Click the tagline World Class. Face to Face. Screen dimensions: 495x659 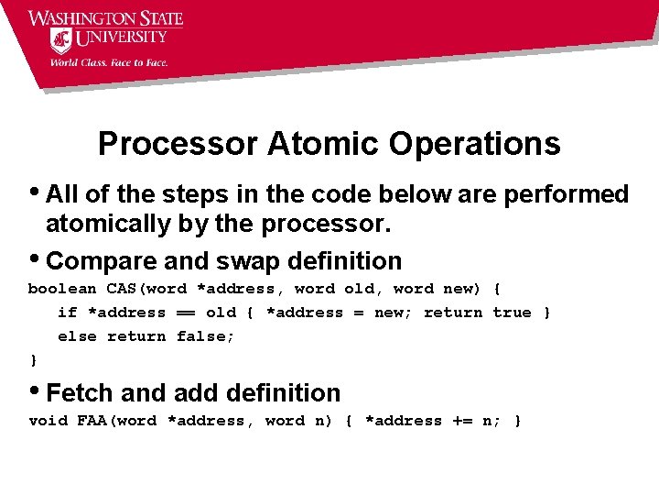coord(108,62)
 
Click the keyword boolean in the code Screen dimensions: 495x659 coord(61,289)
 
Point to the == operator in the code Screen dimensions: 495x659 coord(186,313)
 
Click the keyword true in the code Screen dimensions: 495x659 coord(512,313)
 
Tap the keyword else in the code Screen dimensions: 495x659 coord(77,336)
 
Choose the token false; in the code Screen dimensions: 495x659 coord(205,336)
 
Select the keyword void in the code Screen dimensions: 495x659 coord(48,421)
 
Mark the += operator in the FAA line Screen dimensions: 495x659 coord(458,421)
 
